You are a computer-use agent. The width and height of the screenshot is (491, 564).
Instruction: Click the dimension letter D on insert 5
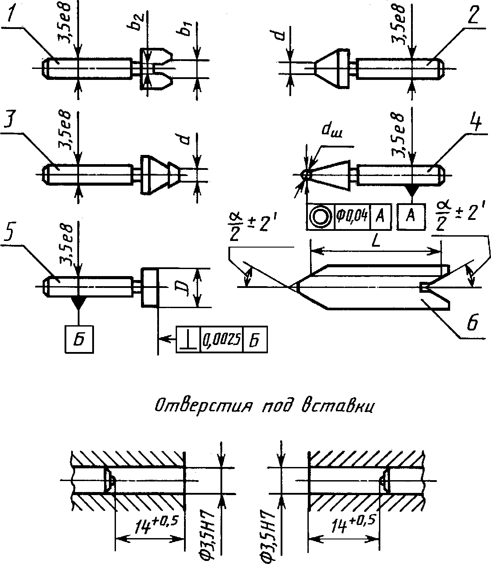tap(185, 287)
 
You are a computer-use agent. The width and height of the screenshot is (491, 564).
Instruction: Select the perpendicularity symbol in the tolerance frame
tap(188, 340)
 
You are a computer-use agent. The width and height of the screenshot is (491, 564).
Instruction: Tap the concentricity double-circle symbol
tap(320, 216)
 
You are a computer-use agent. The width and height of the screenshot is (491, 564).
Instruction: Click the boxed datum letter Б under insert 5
tap(79, 339)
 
